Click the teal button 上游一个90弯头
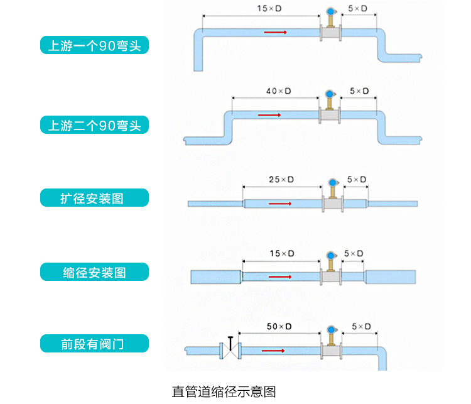[x=95, y=45]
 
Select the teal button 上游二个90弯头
[x=95, y=126]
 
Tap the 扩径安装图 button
[x=95, y=199]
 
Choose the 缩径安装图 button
[x=95, y=272]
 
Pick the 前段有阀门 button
[x=95, y=344]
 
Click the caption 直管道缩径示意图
[x=224, y=391]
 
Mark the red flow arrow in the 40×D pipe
[x=269, y=116]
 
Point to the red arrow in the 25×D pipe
[x=281, y=204]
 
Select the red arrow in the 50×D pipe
[x=273, y=351]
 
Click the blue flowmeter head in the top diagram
[x=330, y=10]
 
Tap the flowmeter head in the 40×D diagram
[x=330, y=94]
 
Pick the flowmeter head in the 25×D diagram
[x=332, y=182]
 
